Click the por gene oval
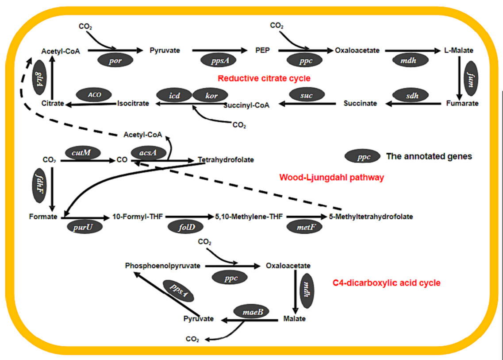[x=115, y=60]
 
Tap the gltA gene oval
[x=39, y=77]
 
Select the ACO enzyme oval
[x=94, y=95]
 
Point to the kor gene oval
[x=211, y=95]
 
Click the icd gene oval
[x=174, y=95]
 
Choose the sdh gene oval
[x=411, y=95]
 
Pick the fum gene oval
[x=471, y=79]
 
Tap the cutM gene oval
[x=82, y=152]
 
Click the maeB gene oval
[x=251, y=311]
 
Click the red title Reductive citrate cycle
[x=264, y=78]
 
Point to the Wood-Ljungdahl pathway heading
[x=332, y=177]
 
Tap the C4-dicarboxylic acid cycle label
[x=387, y=283]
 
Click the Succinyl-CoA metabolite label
[x=246, y=105]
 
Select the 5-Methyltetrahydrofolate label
[x=371, y=217]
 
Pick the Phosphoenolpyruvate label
[x=163, y=266]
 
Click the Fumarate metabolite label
[x=462, y=104]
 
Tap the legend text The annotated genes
[x=429, y=156]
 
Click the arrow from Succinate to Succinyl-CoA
[x=307, y=104]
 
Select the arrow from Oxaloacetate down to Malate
[x=295, y=292]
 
